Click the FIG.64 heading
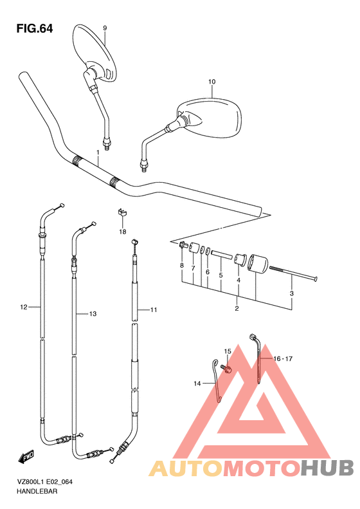coord(34,29)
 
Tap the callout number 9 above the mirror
coord(105,28)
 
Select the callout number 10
coord(212,82)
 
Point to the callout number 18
coord(123,232)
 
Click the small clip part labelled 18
coord(122,212)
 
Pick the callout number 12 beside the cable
coord(24,307)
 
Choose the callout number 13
coord(93,314)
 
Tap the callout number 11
coord(154,310)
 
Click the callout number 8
coord(182,266)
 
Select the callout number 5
coord(221,275)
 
